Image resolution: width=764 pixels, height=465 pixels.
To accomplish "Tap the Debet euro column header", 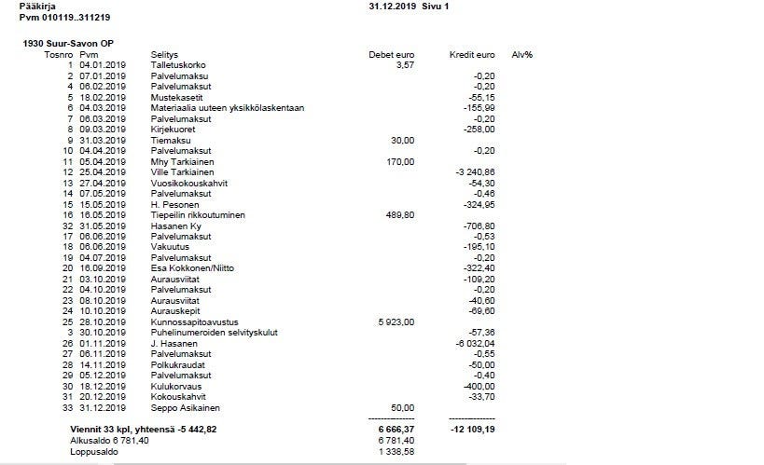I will [x=392, y=55].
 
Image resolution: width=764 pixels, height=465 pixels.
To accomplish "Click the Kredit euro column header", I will [x=471, y=55].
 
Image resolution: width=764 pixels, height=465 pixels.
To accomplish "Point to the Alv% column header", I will [x=522, y=55].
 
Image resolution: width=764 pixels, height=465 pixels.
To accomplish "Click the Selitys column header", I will [x=164, y=55].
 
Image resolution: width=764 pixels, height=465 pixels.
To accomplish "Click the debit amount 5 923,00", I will [x=396, y=321].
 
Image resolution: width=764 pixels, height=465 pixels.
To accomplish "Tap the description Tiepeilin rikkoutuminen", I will [x=198, y=214].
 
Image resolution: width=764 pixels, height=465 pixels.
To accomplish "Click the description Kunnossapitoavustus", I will [x=190, y=321].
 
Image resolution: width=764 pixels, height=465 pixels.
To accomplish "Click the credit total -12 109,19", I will [x=473, y=429].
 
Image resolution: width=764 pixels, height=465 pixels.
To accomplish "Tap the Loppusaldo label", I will [x=92, y=451].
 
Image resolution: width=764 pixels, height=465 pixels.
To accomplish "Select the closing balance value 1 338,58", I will [x=396, y=451].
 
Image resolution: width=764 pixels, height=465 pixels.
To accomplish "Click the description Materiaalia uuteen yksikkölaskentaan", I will [x=228, y=107].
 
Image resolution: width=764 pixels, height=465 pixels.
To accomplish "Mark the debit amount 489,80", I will [x=399, y=214].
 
